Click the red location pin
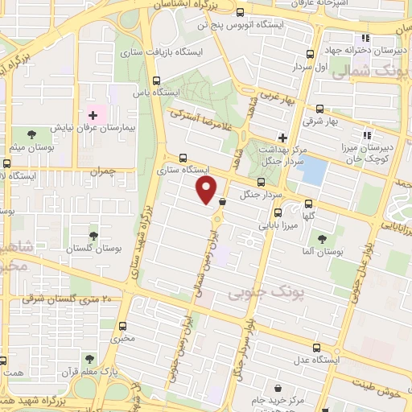click(x=207, y=189)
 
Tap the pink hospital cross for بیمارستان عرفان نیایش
click(x=93, y=116)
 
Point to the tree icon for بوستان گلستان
click(x=93, y=237)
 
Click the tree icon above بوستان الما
click(x=322, y=238)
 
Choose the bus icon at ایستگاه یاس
click(x=155, y=80)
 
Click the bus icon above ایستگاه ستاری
click(x=183, y=159)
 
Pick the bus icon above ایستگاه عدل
click(x=316, y=348)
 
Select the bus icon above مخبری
click(x=123, y=327)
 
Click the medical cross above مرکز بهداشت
click(x=282, y=138)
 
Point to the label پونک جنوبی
click(x=255, y=287)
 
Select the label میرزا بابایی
click(x=277, y=226)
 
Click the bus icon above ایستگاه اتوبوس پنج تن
click(x=239, y=12)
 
